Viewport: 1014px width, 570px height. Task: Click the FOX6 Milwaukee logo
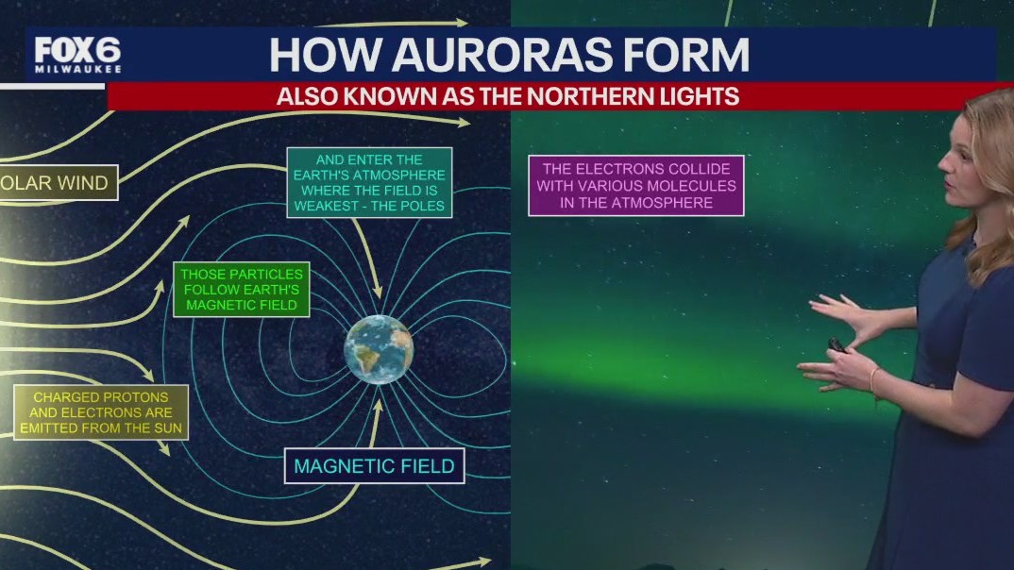pyautogui.click(x=77, y=56)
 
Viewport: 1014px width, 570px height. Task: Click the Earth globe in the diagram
pyautogui.click(x=379, y=349)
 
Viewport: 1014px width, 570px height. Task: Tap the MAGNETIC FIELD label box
pyautogui.click(x=374, y=465)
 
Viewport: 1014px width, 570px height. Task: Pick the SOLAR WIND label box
pyautogui.click(x=59, y=181)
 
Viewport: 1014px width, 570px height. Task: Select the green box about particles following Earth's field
pyautogui.click(x=242, y=288)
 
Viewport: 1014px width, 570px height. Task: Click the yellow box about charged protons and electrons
pyautogui.click(x=100, y=412)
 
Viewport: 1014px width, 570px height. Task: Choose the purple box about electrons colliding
pyautogui.click(x=635, y=185)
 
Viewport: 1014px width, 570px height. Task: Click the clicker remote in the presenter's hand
pyautogui.click(x=837, y=345)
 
